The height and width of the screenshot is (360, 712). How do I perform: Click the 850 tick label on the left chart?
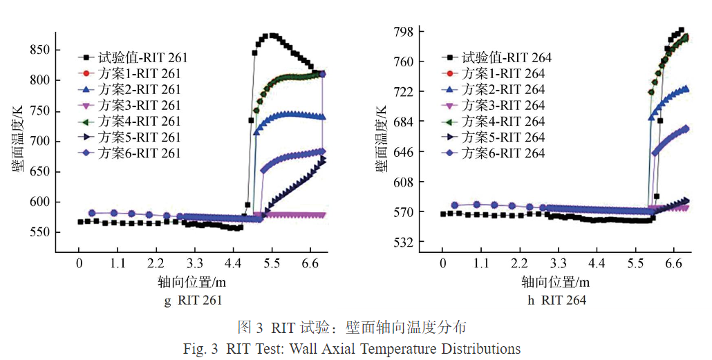[x=39, y=50]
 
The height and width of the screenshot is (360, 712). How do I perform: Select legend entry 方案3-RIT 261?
[x=139, y=106]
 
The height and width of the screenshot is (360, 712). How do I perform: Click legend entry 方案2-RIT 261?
[x=139, y=90]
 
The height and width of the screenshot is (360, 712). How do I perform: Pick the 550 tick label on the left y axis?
[x=39, y=233]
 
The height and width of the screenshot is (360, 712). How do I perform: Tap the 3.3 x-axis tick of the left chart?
[x=195, y=263]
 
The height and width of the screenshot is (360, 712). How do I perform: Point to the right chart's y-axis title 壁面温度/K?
[x=381, y=138]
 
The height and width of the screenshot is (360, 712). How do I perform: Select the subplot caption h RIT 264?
[x=556, y=300]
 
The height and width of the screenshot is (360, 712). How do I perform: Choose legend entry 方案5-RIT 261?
[x=139, y=138]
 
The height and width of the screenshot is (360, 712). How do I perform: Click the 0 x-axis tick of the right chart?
[x=443, y=263]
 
